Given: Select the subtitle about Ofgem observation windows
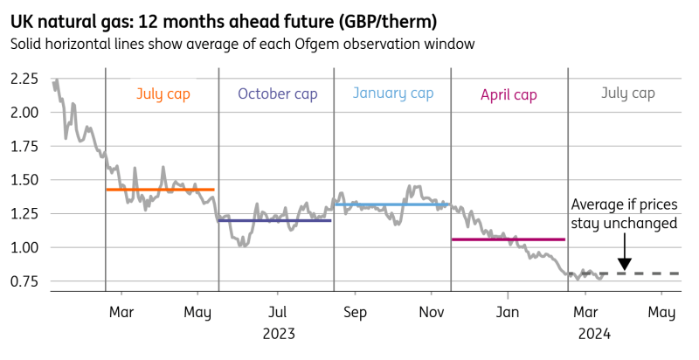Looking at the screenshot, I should coord(242,44).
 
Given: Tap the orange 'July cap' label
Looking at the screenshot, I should coord(163,93).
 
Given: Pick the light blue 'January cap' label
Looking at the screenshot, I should coord(392,93).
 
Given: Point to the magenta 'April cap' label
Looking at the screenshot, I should coord(509,93).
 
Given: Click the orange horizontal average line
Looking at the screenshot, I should coord(160,190).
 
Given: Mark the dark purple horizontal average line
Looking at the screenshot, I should coord(274,220).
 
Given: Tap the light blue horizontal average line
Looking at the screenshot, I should coord(391,204).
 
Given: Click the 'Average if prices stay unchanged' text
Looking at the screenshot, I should coord(624,214).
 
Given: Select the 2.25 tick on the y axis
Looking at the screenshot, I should coord(24,79).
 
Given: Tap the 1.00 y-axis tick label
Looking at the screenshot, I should coord(24,247).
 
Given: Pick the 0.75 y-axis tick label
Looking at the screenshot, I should coord(24,281).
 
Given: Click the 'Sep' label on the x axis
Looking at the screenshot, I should coord(354,313).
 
